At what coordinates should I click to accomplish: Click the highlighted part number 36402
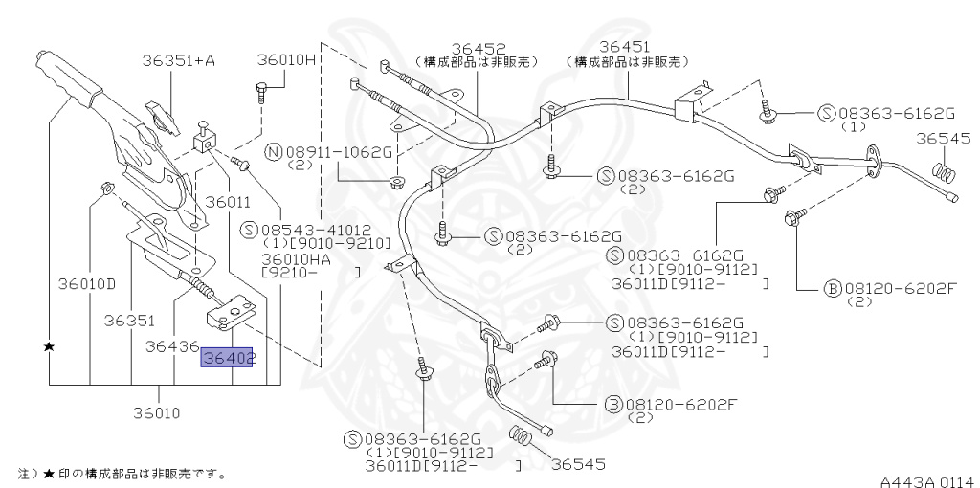click(x=227, y=358)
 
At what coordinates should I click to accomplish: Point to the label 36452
click(x=479, y=49)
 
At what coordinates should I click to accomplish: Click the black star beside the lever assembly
click(x=49, y=345)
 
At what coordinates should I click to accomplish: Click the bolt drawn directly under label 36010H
click(x=263, y=93)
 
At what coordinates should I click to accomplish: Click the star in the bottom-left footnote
click(x=47, y=474)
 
